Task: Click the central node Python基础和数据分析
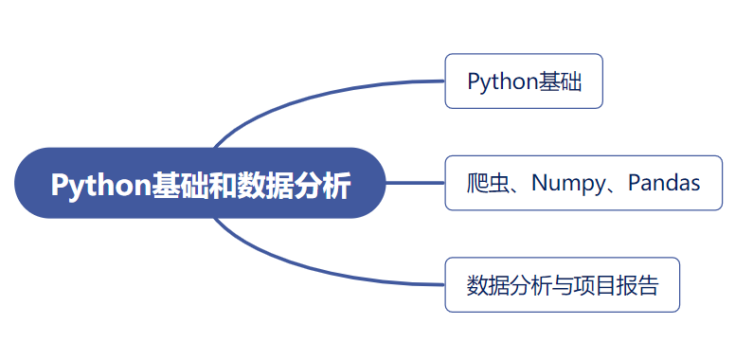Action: pyautogui.click(x=200, y=184)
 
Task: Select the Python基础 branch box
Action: pyautogui.click(x=524, y=81)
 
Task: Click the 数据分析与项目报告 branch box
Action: pyautogui.click(x=563, y=285)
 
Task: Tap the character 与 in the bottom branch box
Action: pyautogui.click(x=563, y=285)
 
